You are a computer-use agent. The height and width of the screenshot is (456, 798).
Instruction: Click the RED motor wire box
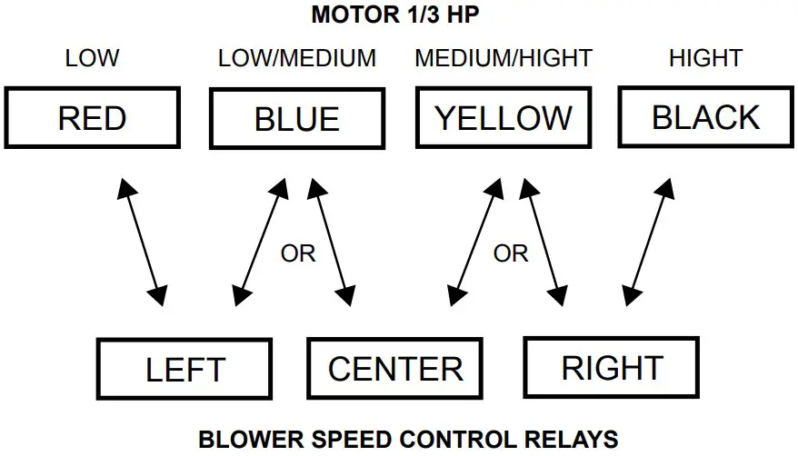click(x=92, y=118)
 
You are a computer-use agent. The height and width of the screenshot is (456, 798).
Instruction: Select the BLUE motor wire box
click(x=297, y=119)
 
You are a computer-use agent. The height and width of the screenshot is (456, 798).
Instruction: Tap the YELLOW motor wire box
click(x=504, y=117)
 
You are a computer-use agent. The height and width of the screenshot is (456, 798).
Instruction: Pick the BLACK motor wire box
click(x=705, y=117)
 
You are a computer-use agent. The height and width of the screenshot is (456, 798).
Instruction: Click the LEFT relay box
click(x=185, y=370)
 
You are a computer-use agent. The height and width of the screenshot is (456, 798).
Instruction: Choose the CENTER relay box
click(x=395, y=369)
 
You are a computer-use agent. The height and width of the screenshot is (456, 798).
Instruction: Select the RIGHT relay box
click(x=613, y=368)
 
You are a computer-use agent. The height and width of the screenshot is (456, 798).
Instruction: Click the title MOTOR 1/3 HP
click(x=398, y=15)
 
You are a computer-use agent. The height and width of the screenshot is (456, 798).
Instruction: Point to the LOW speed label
click(x=92, y=59)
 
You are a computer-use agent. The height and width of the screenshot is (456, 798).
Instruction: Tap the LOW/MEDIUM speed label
click(x=297, y=59)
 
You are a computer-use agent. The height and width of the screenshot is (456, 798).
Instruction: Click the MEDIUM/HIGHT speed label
click(x=504, y=59)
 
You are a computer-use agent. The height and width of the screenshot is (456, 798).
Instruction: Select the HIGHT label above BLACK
click(x=705, y=59)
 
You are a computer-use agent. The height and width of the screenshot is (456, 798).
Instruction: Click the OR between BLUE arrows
click(x=298, y=253)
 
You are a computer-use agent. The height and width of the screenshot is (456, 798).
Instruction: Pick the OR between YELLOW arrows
click(x=511, y=253)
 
